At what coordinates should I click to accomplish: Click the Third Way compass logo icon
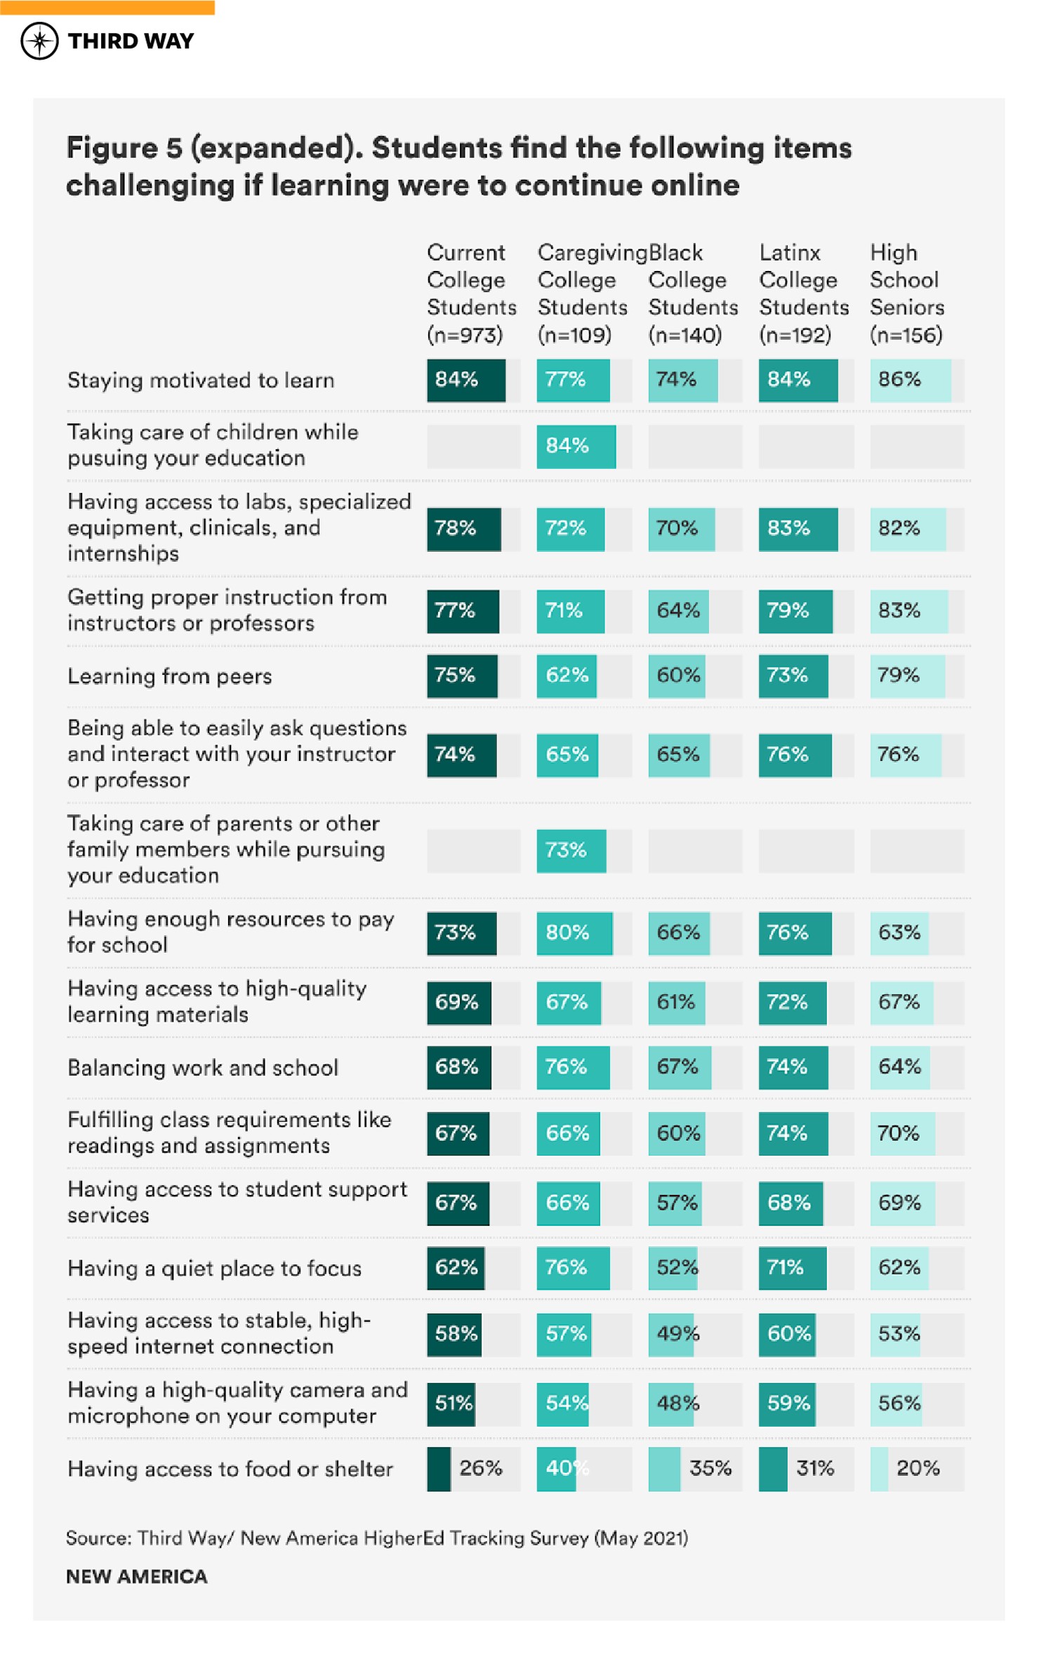39,41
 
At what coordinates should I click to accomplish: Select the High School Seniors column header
906,293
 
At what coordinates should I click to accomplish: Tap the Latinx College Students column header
803,293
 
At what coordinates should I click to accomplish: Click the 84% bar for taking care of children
576,446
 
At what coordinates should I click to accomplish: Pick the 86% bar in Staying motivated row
910,380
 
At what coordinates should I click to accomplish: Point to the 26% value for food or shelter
481,1468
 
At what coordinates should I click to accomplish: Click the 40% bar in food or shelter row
557,1468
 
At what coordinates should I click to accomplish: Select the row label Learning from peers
169,676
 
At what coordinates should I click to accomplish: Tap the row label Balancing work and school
203,1068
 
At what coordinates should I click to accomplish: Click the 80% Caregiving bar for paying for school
574,933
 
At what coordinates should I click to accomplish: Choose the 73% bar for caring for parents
571,850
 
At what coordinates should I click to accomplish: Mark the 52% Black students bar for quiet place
673,1268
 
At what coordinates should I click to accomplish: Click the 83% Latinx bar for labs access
798,529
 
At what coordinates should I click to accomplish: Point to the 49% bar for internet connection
671,1334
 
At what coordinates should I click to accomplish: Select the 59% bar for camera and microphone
787,1403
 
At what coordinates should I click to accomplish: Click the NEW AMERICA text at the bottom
137,1577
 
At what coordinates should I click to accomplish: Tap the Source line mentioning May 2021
377,1538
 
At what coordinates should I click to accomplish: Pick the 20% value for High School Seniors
918,1468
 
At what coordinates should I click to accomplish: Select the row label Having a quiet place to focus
214,1269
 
